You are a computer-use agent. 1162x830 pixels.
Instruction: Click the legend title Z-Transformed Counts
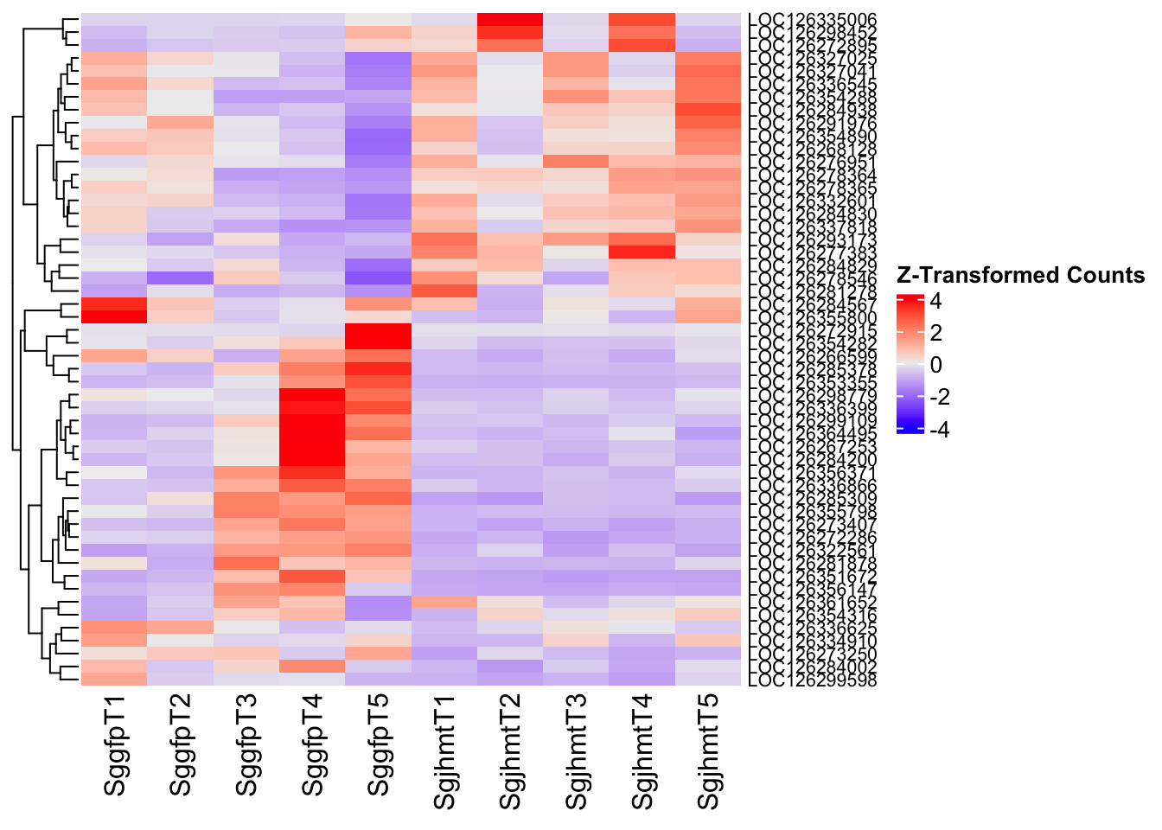[1021, 275]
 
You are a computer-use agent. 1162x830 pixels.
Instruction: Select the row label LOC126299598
[813, 680]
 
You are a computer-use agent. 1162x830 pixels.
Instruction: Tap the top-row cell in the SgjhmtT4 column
[642, 20]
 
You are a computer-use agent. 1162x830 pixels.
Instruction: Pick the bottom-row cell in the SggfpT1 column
[114, 680]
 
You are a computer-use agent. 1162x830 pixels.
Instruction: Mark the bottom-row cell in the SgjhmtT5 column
[708, 680]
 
